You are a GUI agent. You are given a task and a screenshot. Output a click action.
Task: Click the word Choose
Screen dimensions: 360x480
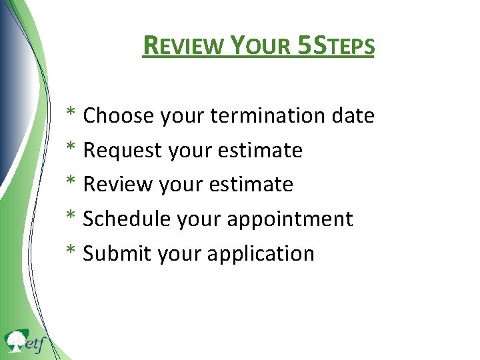pos(119,116)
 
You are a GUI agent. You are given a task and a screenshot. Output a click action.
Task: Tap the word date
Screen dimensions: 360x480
pos(353,116)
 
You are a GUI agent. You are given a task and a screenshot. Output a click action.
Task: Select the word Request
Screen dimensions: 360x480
pos(123,151)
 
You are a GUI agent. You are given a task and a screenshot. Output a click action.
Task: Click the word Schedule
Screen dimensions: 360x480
pos(127,219)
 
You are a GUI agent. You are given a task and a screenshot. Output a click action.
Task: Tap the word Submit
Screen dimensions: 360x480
pos(117,254)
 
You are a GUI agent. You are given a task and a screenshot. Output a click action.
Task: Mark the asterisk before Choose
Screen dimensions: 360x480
pos(70,115)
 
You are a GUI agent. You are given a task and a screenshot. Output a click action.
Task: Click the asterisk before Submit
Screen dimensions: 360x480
pos(70,253)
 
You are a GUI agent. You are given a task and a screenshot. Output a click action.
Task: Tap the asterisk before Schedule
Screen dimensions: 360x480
pos(70,218)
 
